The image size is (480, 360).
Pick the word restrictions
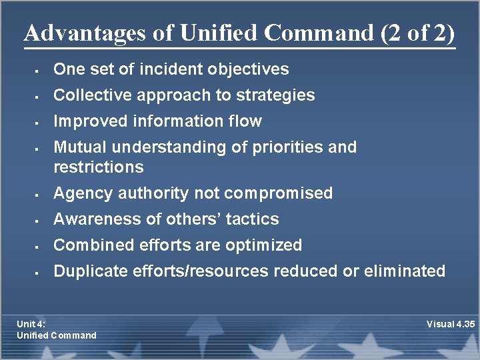(x=98, y=167)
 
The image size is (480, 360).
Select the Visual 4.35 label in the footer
(x=451, y=324)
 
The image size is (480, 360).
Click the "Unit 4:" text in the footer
(x=31, y=324)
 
